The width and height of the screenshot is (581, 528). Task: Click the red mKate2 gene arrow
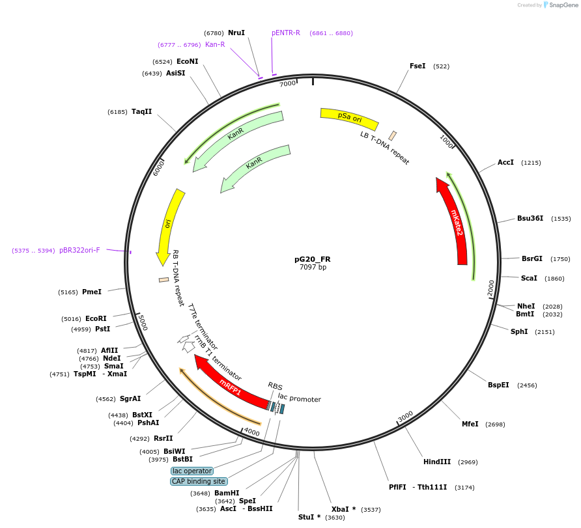coord(456,221)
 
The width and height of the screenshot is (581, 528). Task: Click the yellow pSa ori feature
coord(349,117)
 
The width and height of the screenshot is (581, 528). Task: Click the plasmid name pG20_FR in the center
coord(313,258)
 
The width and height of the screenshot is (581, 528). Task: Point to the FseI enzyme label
coord(418,66)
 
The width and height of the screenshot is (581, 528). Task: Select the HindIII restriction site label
coord(437,462)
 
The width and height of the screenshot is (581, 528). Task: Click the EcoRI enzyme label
coord(96,318)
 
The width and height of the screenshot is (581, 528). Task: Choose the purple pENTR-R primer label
coord(286,33)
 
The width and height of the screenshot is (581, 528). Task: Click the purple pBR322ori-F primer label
coord(79,250)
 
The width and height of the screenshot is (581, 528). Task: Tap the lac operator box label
coord(192,471)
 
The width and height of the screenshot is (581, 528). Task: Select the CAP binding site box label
coord(199,482)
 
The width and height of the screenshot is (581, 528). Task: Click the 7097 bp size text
coord(313,268)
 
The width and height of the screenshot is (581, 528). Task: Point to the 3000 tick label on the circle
coord(405,416)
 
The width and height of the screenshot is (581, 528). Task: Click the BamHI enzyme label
coord(227,493)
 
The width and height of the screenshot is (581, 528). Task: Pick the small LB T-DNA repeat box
coord(393,135)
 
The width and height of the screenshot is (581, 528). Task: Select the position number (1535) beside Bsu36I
coord(561,219)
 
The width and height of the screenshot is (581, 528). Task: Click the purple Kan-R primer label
coord(215,44)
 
